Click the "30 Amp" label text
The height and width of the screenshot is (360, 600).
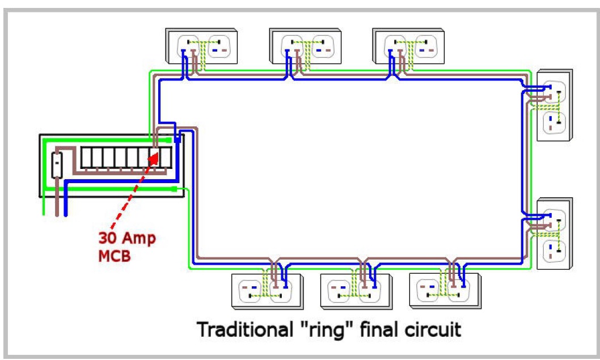(x=126, y=238)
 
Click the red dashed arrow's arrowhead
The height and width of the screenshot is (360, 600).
(x=154, y=154)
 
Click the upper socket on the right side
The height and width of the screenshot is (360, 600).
(x=554, y=105)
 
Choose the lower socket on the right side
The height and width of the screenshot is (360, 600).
(x=554, y=234)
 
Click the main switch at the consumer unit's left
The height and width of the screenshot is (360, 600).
(x=57, y=165)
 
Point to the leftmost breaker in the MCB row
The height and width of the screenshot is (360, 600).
(x=87, y=158)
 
